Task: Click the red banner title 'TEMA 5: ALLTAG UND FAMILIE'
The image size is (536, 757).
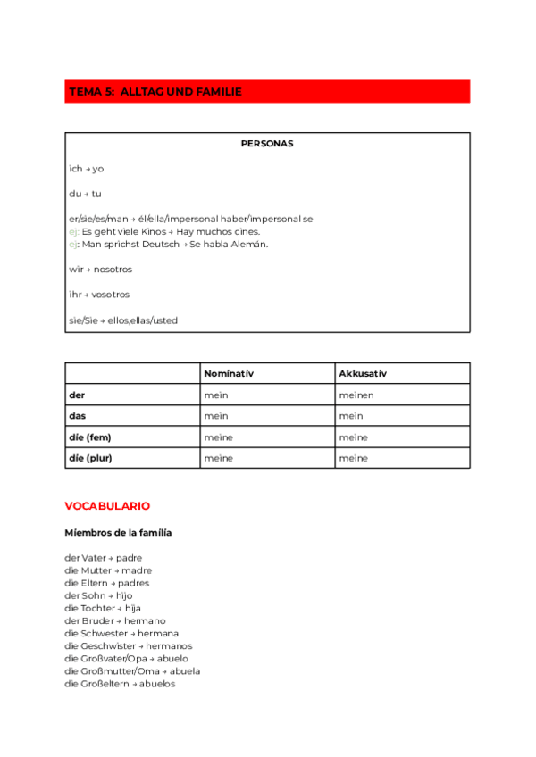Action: (155, 92)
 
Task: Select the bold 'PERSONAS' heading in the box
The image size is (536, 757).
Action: (267, 143)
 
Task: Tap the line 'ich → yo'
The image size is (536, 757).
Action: (86, 169)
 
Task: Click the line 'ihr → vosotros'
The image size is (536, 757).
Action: (99, 295)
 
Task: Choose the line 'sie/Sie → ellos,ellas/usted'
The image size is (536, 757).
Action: (123, 320)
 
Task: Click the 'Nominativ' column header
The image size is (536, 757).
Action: (229, 373)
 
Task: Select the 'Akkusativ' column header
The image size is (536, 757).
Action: (363, 373)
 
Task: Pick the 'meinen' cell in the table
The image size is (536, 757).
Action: (356, 395)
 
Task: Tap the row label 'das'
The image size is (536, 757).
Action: (77, 416)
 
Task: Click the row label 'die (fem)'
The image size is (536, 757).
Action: (89, 437)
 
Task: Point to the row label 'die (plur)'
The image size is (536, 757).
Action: (90, 458)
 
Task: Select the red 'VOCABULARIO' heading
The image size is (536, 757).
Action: (107, 506)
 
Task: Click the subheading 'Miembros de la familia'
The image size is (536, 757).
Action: (118, 533)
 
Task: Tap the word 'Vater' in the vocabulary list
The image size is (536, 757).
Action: (93, 558)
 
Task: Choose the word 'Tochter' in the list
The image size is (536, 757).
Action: (98, 608)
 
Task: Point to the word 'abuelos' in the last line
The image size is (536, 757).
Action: (157, 684)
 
